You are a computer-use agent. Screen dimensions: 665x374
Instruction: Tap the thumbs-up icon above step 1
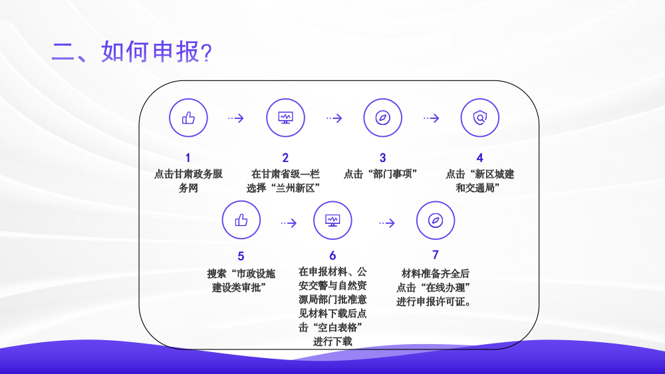[x=188, y=118]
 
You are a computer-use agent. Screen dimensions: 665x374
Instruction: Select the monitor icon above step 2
[x=285, y=118]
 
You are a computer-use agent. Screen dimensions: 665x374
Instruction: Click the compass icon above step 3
[x=382, y=118]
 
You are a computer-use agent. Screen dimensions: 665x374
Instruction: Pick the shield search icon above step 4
[x=479, y=118]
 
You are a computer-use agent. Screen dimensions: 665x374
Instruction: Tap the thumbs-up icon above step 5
[x=241, y=220]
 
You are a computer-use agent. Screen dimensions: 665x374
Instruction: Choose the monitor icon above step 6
[x=332, y=221]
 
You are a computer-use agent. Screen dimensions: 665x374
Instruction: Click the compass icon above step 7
[x=435, y=221]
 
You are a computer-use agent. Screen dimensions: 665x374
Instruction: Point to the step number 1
[x=188, y=158]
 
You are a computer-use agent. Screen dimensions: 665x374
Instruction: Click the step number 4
[x=479, y=158]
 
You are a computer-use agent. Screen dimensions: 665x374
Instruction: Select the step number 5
[x=241, y=256]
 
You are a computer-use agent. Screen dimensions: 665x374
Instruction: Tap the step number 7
[x=435, y=254]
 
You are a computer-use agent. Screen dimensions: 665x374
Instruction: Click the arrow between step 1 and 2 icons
[x=236, y=118]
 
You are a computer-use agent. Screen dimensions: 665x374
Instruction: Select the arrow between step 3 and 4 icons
[x=432, y=118]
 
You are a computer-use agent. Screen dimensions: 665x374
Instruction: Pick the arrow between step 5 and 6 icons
[x=289, y=223]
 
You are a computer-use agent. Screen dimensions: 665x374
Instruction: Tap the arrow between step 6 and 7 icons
[x=387, y=223]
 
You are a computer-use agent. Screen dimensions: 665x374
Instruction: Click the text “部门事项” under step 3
[x=393, y=174]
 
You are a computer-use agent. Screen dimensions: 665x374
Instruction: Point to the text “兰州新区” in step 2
[x=295, y=188]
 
